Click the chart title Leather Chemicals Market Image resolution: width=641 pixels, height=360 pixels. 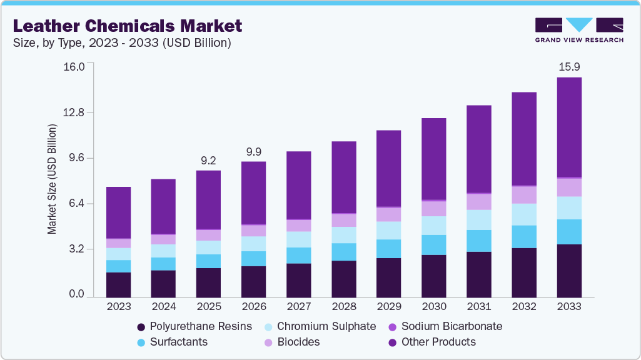pos(128,26)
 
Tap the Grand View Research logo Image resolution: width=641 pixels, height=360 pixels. pos(579,30)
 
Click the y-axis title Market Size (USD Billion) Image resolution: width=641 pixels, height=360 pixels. pos(53,179)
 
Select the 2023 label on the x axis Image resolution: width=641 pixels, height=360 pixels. pos(119,307)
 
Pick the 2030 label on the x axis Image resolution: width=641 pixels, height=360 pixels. pos(434,307)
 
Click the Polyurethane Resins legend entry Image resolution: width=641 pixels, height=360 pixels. pos(194,326)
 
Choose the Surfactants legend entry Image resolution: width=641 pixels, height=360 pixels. pos(171,342)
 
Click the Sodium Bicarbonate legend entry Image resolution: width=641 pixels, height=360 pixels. pos(445,326)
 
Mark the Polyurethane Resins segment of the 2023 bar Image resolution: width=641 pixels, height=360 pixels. pos(119,284)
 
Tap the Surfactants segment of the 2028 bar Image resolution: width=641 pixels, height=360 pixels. pos(344,252)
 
